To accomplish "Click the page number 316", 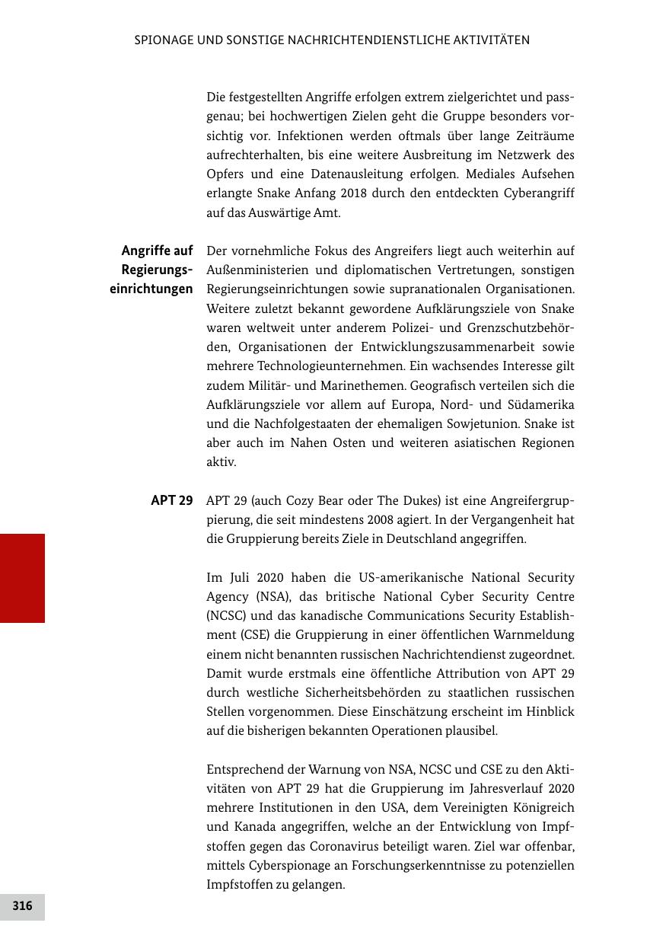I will (x=22, y=906).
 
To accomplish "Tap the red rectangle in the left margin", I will (x=22, y=578).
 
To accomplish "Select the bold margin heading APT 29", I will (x=172, y=500).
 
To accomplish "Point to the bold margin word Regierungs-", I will (x=157, y=270).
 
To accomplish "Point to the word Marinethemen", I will (x=336, y=385).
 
